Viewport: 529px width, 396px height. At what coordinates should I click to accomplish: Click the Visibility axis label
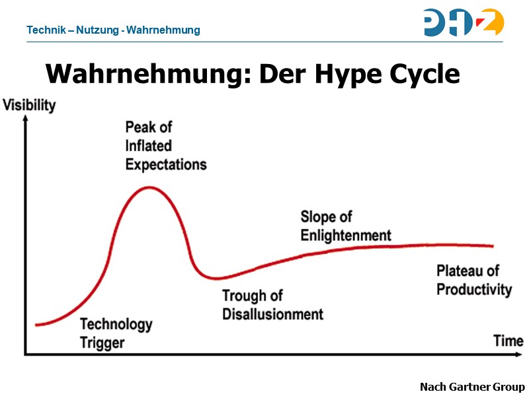[x=30, y=106]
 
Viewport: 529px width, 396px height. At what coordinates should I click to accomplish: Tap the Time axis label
[x=508, y=341]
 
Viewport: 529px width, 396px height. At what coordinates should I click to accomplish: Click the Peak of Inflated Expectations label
[x=165, y=145]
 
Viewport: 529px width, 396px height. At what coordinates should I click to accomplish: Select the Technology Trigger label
[x=116, y=333]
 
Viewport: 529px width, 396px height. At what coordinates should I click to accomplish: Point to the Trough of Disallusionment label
[x=272, y=305]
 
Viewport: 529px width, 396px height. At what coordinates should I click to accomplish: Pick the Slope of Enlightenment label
[x=345, y=226]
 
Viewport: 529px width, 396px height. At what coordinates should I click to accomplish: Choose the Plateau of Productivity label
[x=474, y=280]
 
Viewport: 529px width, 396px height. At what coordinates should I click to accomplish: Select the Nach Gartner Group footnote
[x=472, y=387]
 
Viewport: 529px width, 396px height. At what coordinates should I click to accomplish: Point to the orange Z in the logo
[x=491, y=22]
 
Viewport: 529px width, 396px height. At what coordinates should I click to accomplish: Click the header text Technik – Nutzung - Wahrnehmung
[x=113, y=30]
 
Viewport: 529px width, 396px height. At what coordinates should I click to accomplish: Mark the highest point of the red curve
[x=150, y=187]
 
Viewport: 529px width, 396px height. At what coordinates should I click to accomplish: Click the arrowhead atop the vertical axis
[x=25, y=119]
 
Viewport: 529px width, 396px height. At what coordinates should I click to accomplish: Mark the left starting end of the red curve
[x=36, y=325]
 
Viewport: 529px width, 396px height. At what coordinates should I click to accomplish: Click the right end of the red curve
[x=493, y=246]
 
